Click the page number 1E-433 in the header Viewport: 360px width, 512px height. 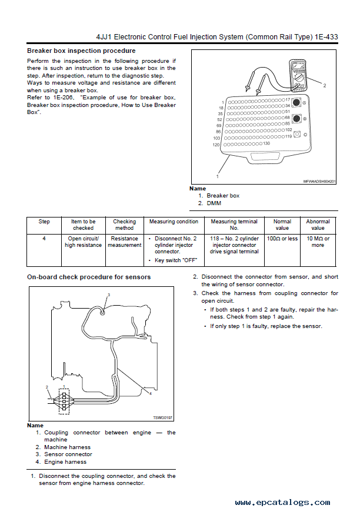324,36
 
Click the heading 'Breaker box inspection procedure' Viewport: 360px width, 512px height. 81,51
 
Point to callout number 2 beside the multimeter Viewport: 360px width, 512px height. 324,85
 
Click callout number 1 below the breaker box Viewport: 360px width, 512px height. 218,175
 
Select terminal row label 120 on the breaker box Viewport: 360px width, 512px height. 216,144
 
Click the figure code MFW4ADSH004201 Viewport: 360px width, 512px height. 319,182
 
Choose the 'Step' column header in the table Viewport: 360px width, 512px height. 44,222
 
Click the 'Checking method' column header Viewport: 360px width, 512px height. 124,225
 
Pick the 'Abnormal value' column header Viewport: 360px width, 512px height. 318,225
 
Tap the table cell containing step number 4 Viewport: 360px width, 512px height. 44,239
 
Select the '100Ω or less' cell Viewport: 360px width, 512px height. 282,239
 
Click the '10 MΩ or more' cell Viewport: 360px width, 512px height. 318,242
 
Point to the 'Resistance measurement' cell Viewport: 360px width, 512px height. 124,242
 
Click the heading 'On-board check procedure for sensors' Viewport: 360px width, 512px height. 89,277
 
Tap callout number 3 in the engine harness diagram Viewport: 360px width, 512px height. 109,294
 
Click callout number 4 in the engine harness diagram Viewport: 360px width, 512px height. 151,394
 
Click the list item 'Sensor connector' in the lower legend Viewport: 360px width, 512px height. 68,454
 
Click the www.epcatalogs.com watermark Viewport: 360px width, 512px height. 282,503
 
